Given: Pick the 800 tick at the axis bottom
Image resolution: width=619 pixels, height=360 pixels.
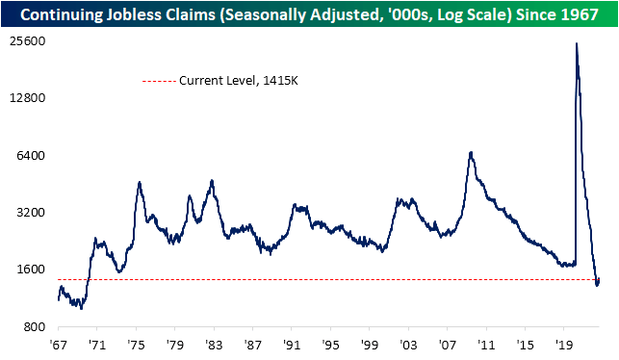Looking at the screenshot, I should [38, 326].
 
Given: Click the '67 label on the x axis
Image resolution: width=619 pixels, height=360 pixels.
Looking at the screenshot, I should [59, 345].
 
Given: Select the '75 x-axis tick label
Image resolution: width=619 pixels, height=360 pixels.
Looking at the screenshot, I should [138, 345].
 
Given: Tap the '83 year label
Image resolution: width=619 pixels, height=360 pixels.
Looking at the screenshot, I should [215, 345].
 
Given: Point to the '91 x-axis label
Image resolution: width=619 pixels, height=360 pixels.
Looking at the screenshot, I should [293, 345].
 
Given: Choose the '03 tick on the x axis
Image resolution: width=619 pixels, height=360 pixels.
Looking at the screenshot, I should [409, 345].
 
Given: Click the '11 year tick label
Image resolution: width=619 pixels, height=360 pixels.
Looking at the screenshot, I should [487, 345].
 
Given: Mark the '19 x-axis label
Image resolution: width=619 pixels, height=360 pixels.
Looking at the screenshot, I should [565, 345].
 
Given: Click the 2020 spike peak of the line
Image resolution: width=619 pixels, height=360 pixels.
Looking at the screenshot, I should [577, 43].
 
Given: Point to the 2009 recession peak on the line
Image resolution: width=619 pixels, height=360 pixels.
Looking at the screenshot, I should [470, 152].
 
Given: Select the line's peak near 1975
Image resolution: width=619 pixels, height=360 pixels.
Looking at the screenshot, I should [140, 182].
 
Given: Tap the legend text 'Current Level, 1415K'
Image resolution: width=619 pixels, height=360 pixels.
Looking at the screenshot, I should [235, 81].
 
